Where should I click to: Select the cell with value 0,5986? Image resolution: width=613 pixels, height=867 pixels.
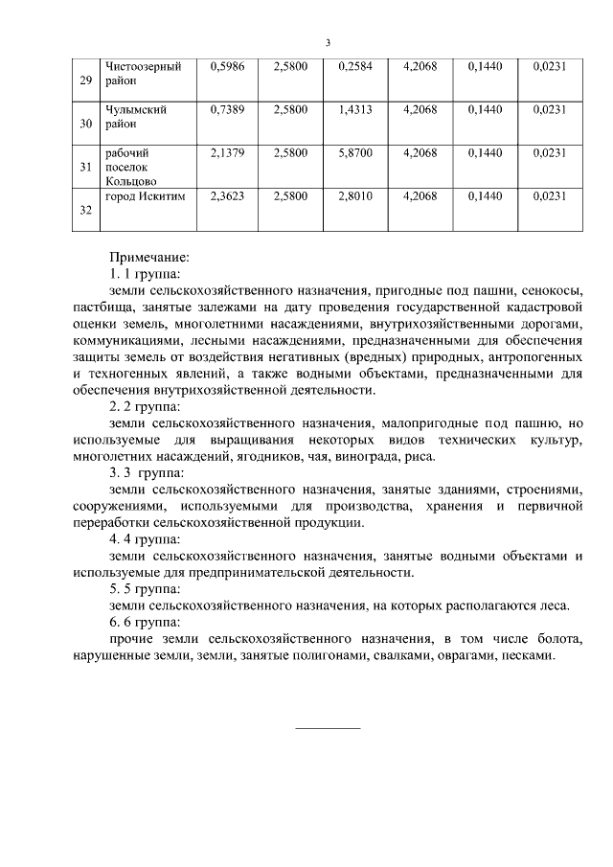(227, 67)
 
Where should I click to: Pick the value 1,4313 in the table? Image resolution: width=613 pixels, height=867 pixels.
(355, 110)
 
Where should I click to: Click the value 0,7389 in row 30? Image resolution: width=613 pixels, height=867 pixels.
(227, 110)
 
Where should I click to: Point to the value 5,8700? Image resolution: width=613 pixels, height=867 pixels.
(355, 152)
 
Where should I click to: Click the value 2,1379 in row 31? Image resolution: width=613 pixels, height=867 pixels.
(227, 152)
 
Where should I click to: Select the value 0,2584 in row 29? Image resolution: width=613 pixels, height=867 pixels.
(355, 67)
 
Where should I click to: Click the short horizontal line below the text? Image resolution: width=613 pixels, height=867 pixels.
(328, 728)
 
